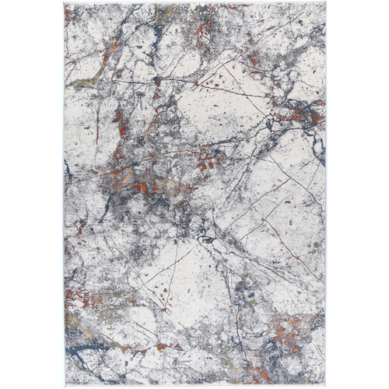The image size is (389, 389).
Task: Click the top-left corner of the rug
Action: pyautogui.click(x=65, y=4)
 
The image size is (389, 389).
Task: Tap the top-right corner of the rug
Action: pyautogui.click(x=325, y=4)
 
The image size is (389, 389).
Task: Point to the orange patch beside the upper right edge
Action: pyautogui.click(x=300, y=114)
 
